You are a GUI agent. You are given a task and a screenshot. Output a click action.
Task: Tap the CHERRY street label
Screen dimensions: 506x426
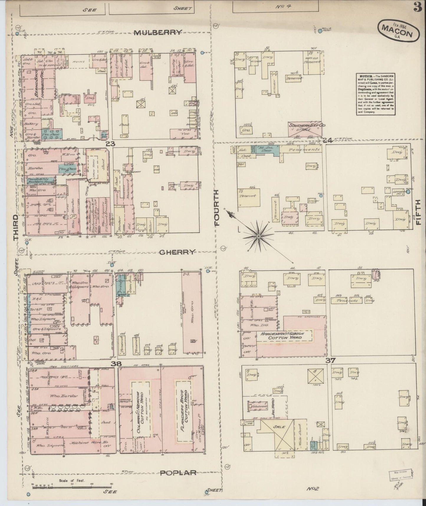tap(177, 252)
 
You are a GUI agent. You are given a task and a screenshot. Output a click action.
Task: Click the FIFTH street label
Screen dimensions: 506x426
tap(419, 212)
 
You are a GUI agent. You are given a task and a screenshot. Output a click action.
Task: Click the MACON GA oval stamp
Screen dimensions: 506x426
tap(398, 30)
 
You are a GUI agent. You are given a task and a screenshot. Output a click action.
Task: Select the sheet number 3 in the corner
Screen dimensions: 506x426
tap(417, 8)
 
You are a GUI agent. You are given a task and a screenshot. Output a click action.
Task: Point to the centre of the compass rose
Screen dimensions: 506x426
tap(258, 236)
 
